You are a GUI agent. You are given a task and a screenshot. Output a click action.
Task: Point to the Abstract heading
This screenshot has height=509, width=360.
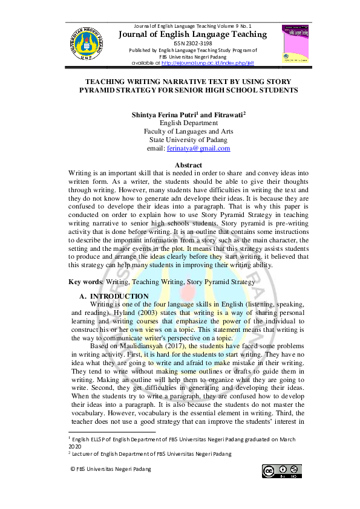point(188,165)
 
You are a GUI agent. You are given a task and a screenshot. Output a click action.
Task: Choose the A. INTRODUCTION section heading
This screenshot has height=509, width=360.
point(114,296)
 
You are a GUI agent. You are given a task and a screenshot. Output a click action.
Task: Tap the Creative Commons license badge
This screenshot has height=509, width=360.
point(281,471)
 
